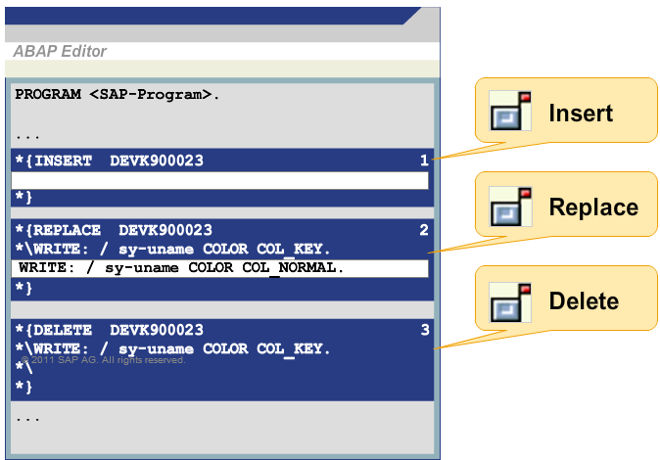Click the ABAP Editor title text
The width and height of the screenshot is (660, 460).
[60, 51]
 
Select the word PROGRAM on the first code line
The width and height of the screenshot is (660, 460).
[48, 94]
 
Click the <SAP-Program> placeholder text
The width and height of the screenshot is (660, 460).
[151, 94]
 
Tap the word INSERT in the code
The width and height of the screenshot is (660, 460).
[63, 161]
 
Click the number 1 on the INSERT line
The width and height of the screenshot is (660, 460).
[424, 160]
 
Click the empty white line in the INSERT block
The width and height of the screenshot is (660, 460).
[219, 180]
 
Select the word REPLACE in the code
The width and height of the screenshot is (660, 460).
[67, 230]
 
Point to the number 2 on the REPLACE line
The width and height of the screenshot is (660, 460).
[424, 229]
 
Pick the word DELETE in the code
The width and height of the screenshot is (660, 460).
[63, 330]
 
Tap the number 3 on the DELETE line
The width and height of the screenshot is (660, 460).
[425, 330]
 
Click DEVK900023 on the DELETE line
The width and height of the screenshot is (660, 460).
[157, 330]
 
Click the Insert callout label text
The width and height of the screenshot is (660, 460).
[581, 113]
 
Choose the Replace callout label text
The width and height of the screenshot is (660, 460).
[594, 207]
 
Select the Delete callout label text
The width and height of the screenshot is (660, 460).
[585, 300]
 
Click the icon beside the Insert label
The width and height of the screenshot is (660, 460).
[510, 111]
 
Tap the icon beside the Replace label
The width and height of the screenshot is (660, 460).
[510, 207]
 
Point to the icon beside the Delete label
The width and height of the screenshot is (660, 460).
[510, 302]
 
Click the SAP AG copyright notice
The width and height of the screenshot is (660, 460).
[103, 360]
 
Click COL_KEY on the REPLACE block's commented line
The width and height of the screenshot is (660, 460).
[294, 250]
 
